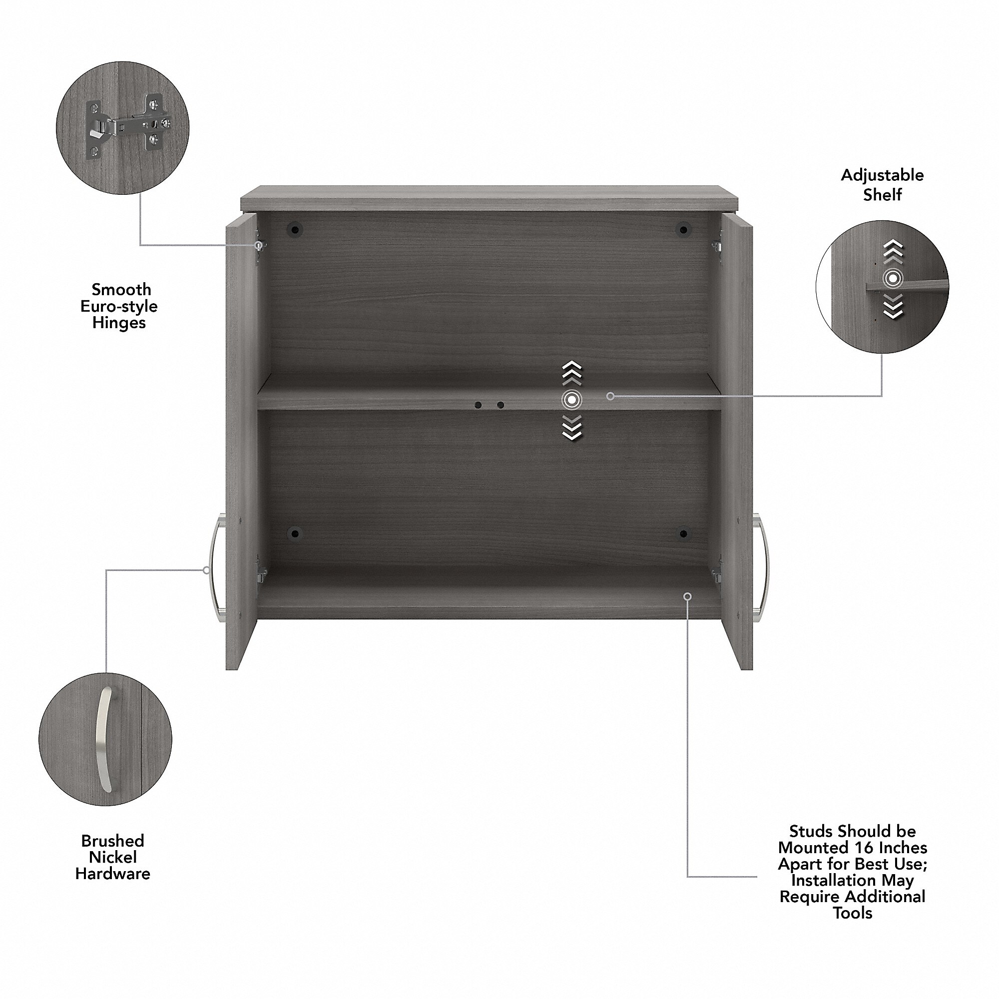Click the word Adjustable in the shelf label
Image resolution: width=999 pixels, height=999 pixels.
point(882,176)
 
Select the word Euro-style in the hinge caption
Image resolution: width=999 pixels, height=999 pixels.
point(119,306)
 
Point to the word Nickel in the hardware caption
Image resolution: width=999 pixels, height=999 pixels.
point(113,857)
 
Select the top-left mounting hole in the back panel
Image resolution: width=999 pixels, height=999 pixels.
point(295,229)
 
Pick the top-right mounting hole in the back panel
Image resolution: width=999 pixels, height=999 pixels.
point(684,229)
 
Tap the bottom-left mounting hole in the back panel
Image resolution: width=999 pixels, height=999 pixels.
point(295,533)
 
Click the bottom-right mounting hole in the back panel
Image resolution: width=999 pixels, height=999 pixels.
point(684,533)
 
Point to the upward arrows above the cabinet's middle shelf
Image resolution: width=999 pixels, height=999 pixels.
point(571,373)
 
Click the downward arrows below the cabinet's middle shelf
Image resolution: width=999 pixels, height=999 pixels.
point(571,428)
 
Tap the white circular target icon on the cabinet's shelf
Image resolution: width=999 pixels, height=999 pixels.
point(571,400)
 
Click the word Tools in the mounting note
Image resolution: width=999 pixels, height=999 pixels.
point(853,913)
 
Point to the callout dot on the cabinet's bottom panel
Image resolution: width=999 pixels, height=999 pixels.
point(687,596)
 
